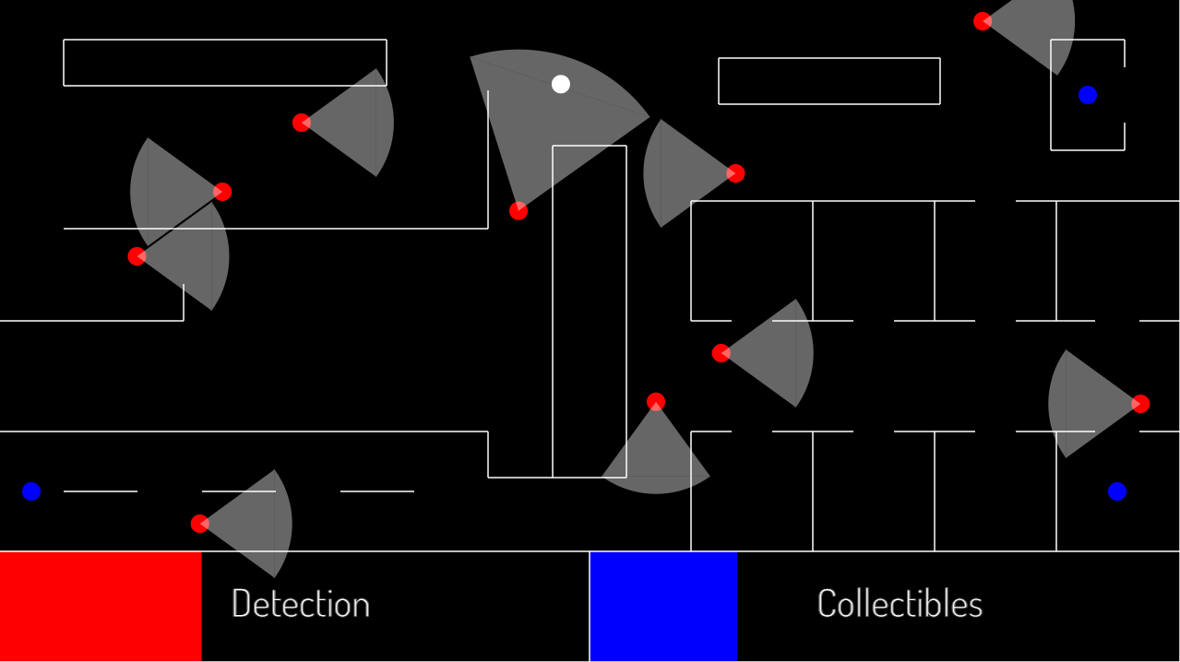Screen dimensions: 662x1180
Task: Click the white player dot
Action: pyautogui.click(x=561, y=84)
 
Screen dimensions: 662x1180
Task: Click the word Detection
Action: pyautogui.click(x=300, y=604)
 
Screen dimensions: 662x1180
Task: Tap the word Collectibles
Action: pyautogui.click(x=900, y=604)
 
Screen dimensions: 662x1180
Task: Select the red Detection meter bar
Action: pyautogui.click(x=101, y=606)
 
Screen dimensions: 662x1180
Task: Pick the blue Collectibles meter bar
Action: pyautogui.click(x=663, y=606)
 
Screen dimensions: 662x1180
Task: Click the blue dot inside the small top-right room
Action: pyautogui.click(x=1088, y=95)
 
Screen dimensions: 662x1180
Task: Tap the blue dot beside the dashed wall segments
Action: pyautogui.click(x=31, y=491)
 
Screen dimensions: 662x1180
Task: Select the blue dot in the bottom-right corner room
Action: pyautogui.click(x=1117, y=491)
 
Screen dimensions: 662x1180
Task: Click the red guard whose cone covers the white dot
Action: pyautogui.click(x=518, y=211)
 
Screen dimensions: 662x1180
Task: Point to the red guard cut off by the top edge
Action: pyautogui.click(x=983, y=21)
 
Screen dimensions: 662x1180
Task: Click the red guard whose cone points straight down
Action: pyautogui.click(x=656, y=402)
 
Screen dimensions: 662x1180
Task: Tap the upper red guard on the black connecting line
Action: pyautogui.click(x=222, y=192)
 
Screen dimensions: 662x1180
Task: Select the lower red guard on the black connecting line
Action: pyautogui.click(x=137, y=256)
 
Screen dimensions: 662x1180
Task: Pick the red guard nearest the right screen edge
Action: pyautogui.click(x=1140, y=404)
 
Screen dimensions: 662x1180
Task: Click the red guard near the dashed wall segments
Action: pyautogui.click(x=200, y=524)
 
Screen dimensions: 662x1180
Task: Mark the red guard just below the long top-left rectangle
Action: pyautogui.click(x=302, y=123)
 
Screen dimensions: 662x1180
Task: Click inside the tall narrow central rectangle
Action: pyautogui.click(x=590, y=313)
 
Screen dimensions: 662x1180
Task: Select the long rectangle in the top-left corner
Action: pyautogui.click(x=225, y=63)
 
